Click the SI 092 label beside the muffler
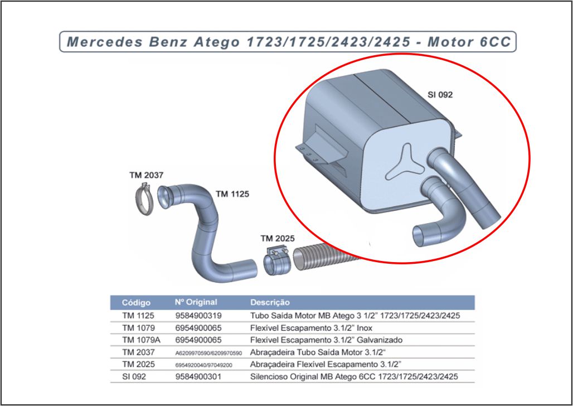[x=440, y=95]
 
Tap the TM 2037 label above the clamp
[x=147, y=175]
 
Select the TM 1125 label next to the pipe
[x=232, y=194]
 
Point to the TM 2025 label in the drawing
[x=278, y=239]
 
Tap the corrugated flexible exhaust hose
[x=318, y=258]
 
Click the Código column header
[x=136, y=303]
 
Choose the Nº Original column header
[x=196, y=302]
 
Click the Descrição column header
[x=270, y=303]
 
